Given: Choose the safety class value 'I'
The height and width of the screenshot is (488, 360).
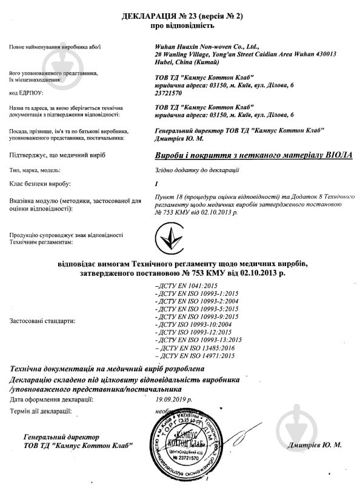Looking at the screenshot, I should click(156, 183).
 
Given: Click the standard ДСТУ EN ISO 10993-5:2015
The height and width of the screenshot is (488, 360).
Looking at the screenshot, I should click(196, 309).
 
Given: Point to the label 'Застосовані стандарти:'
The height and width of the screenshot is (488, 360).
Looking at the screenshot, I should click(42, 321).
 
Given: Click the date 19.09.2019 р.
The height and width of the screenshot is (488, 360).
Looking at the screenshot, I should click(173, 400).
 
